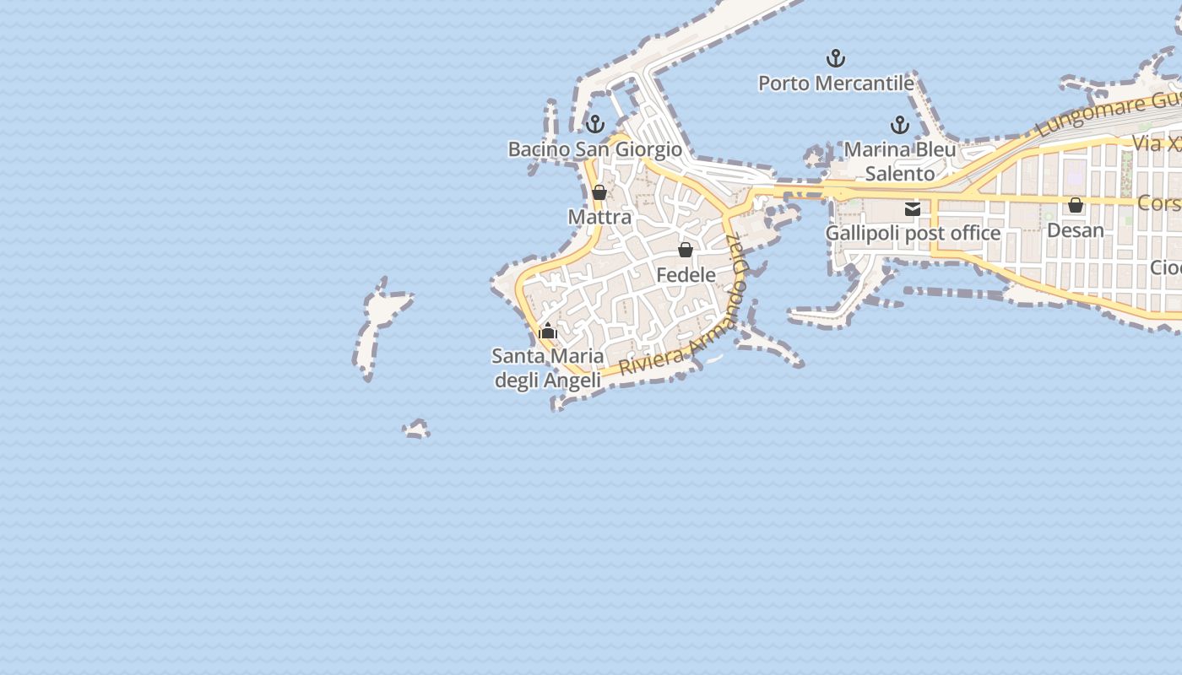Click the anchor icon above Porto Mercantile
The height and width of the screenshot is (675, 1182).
[x=835, y=58]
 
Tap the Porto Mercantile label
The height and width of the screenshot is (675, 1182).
[x=836, y=84]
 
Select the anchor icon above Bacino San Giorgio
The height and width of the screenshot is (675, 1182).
[x=595, y=125]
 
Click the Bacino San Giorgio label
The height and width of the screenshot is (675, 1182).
[x=594, y=149]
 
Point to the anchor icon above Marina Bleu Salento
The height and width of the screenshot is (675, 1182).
[x=900, y=126]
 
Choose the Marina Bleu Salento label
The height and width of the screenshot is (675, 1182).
[x=900, y=161]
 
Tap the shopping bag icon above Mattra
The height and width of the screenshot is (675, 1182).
[x=599, y=192]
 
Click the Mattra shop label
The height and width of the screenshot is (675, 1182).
[x=599, y=217]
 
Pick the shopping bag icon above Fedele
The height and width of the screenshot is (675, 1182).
[x=686, y=250]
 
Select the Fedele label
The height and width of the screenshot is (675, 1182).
[x=686, y=275]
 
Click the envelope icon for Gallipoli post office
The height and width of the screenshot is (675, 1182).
[x=913, y=208]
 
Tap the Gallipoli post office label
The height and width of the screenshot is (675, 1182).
[x=913, y=233]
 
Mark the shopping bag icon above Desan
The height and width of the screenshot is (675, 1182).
[x=1075, y=205]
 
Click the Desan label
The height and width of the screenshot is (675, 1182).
[x=1075, y=229]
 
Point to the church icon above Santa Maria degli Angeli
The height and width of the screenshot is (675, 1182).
[x=548, y=331]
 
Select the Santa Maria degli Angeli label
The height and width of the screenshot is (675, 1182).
[x=548, y=368]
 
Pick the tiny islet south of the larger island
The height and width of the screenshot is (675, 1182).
[x=416, y=430]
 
